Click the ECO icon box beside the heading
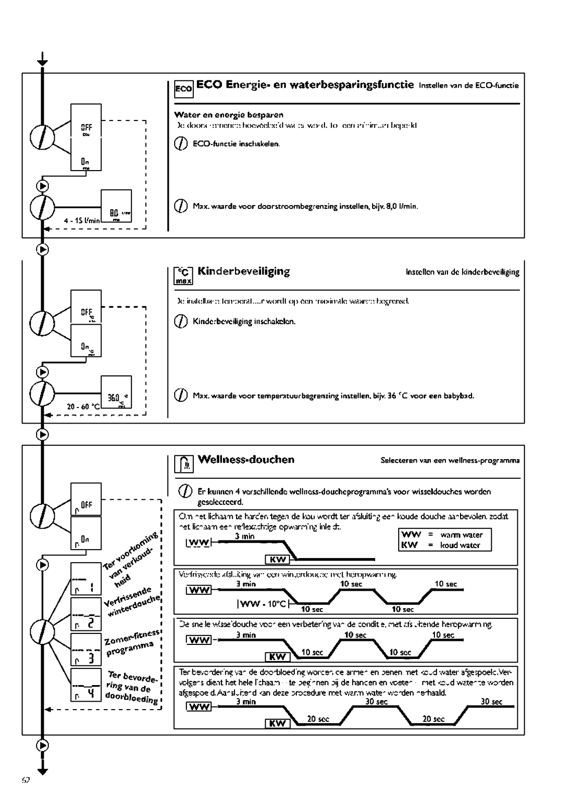point(183,89)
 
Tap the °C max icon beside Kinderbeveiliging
point(183,276)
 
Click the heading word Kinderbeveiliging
point(244,272)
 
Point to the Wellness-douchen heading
point(246,460)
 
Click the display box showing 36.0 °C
point(117,392)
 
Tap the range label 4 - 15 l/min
point(82,220)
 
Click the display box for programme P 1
point(86,579)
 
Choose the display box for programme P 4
point(86,685)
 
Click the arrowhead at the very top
point(43,62)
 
